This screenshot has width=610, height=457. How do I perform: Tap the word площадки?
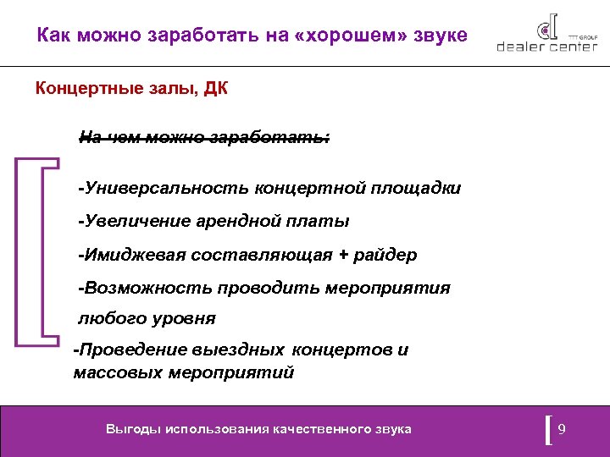(x=415, y=188)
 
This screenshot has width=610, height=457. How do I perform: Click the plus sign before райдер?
(x=343, y=255)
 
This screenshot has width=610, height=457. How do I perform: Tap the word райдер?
(x=385, y=255)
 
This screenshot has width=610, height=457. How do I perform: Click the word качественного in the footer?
(x=321, y=429)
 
